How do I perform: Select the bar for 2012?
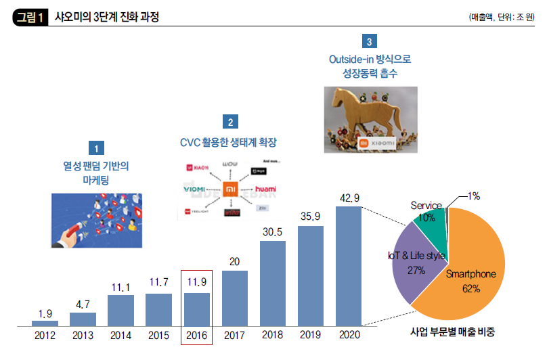coord(45,323)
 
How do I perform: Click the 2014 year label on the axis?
coord(121,334)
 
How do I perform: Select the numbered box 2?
coord(231,122)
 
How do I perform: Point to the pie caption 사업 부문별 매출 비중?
coord(453,332)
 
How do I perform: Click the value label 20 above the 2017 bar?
coord(235,262)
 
